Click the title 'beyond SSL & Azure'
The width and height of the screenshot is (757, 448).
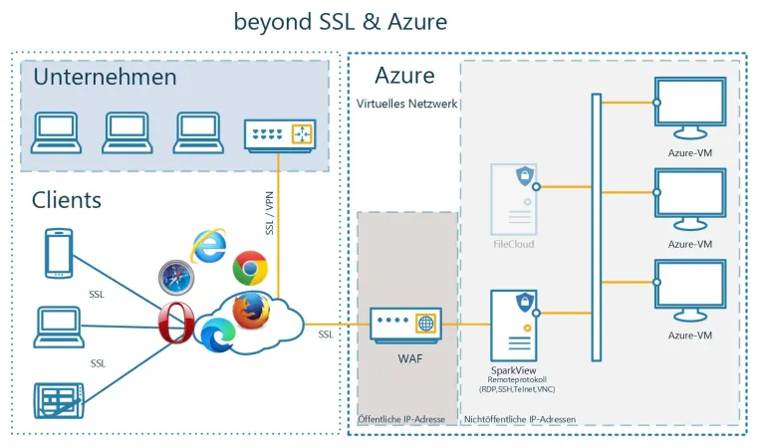coord(340,20)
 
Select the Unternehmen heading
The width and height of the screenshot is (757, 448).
coord(105,77)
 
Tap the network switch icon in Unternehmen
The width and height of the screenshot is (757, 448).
coord(279,133)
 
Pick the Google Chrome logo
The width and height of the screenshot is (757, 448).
coord(250,269)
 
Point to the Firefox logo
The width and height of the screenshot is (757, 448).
coord(252,310)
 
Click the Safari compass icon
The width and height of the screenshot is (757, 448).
coord(175,278)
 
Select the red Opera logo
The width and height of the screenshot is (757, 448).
coord(175,324)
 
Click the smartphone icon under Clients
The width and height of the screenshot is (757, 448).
coord(59,253)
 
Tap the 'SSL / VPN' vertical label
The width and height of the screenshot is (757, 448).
coord(268,212)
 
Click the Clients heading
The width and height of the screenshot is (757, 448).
coord(67,199)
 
